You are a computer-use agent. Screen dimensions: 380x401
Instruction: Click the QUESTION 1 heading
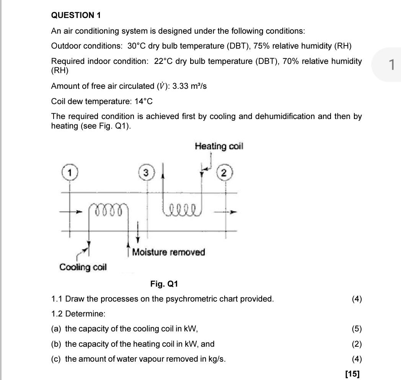click(76, 15)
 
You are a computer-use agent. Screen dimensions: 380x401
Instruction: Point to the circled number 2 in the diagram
click(225, 173)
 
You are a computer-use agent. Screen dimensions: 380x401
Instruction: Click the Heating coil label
click(219, 146)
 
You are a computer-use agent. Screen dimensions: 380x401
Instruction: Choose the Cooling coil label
click(83, 267)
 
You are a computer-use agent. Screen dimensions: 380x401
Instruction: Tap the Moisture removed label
click(168, 252)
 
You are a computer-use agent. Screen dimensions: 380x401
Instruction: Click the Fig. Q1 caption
click(164, 284)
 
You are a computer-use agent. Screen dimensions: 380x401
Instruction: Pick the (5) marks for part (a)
click(357, 329)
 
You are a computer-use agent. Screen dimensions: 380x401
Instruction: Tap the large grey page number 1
click(391, 65)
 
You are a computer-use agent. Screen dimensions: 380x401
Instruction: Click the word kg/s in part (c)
click(216, 359)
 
